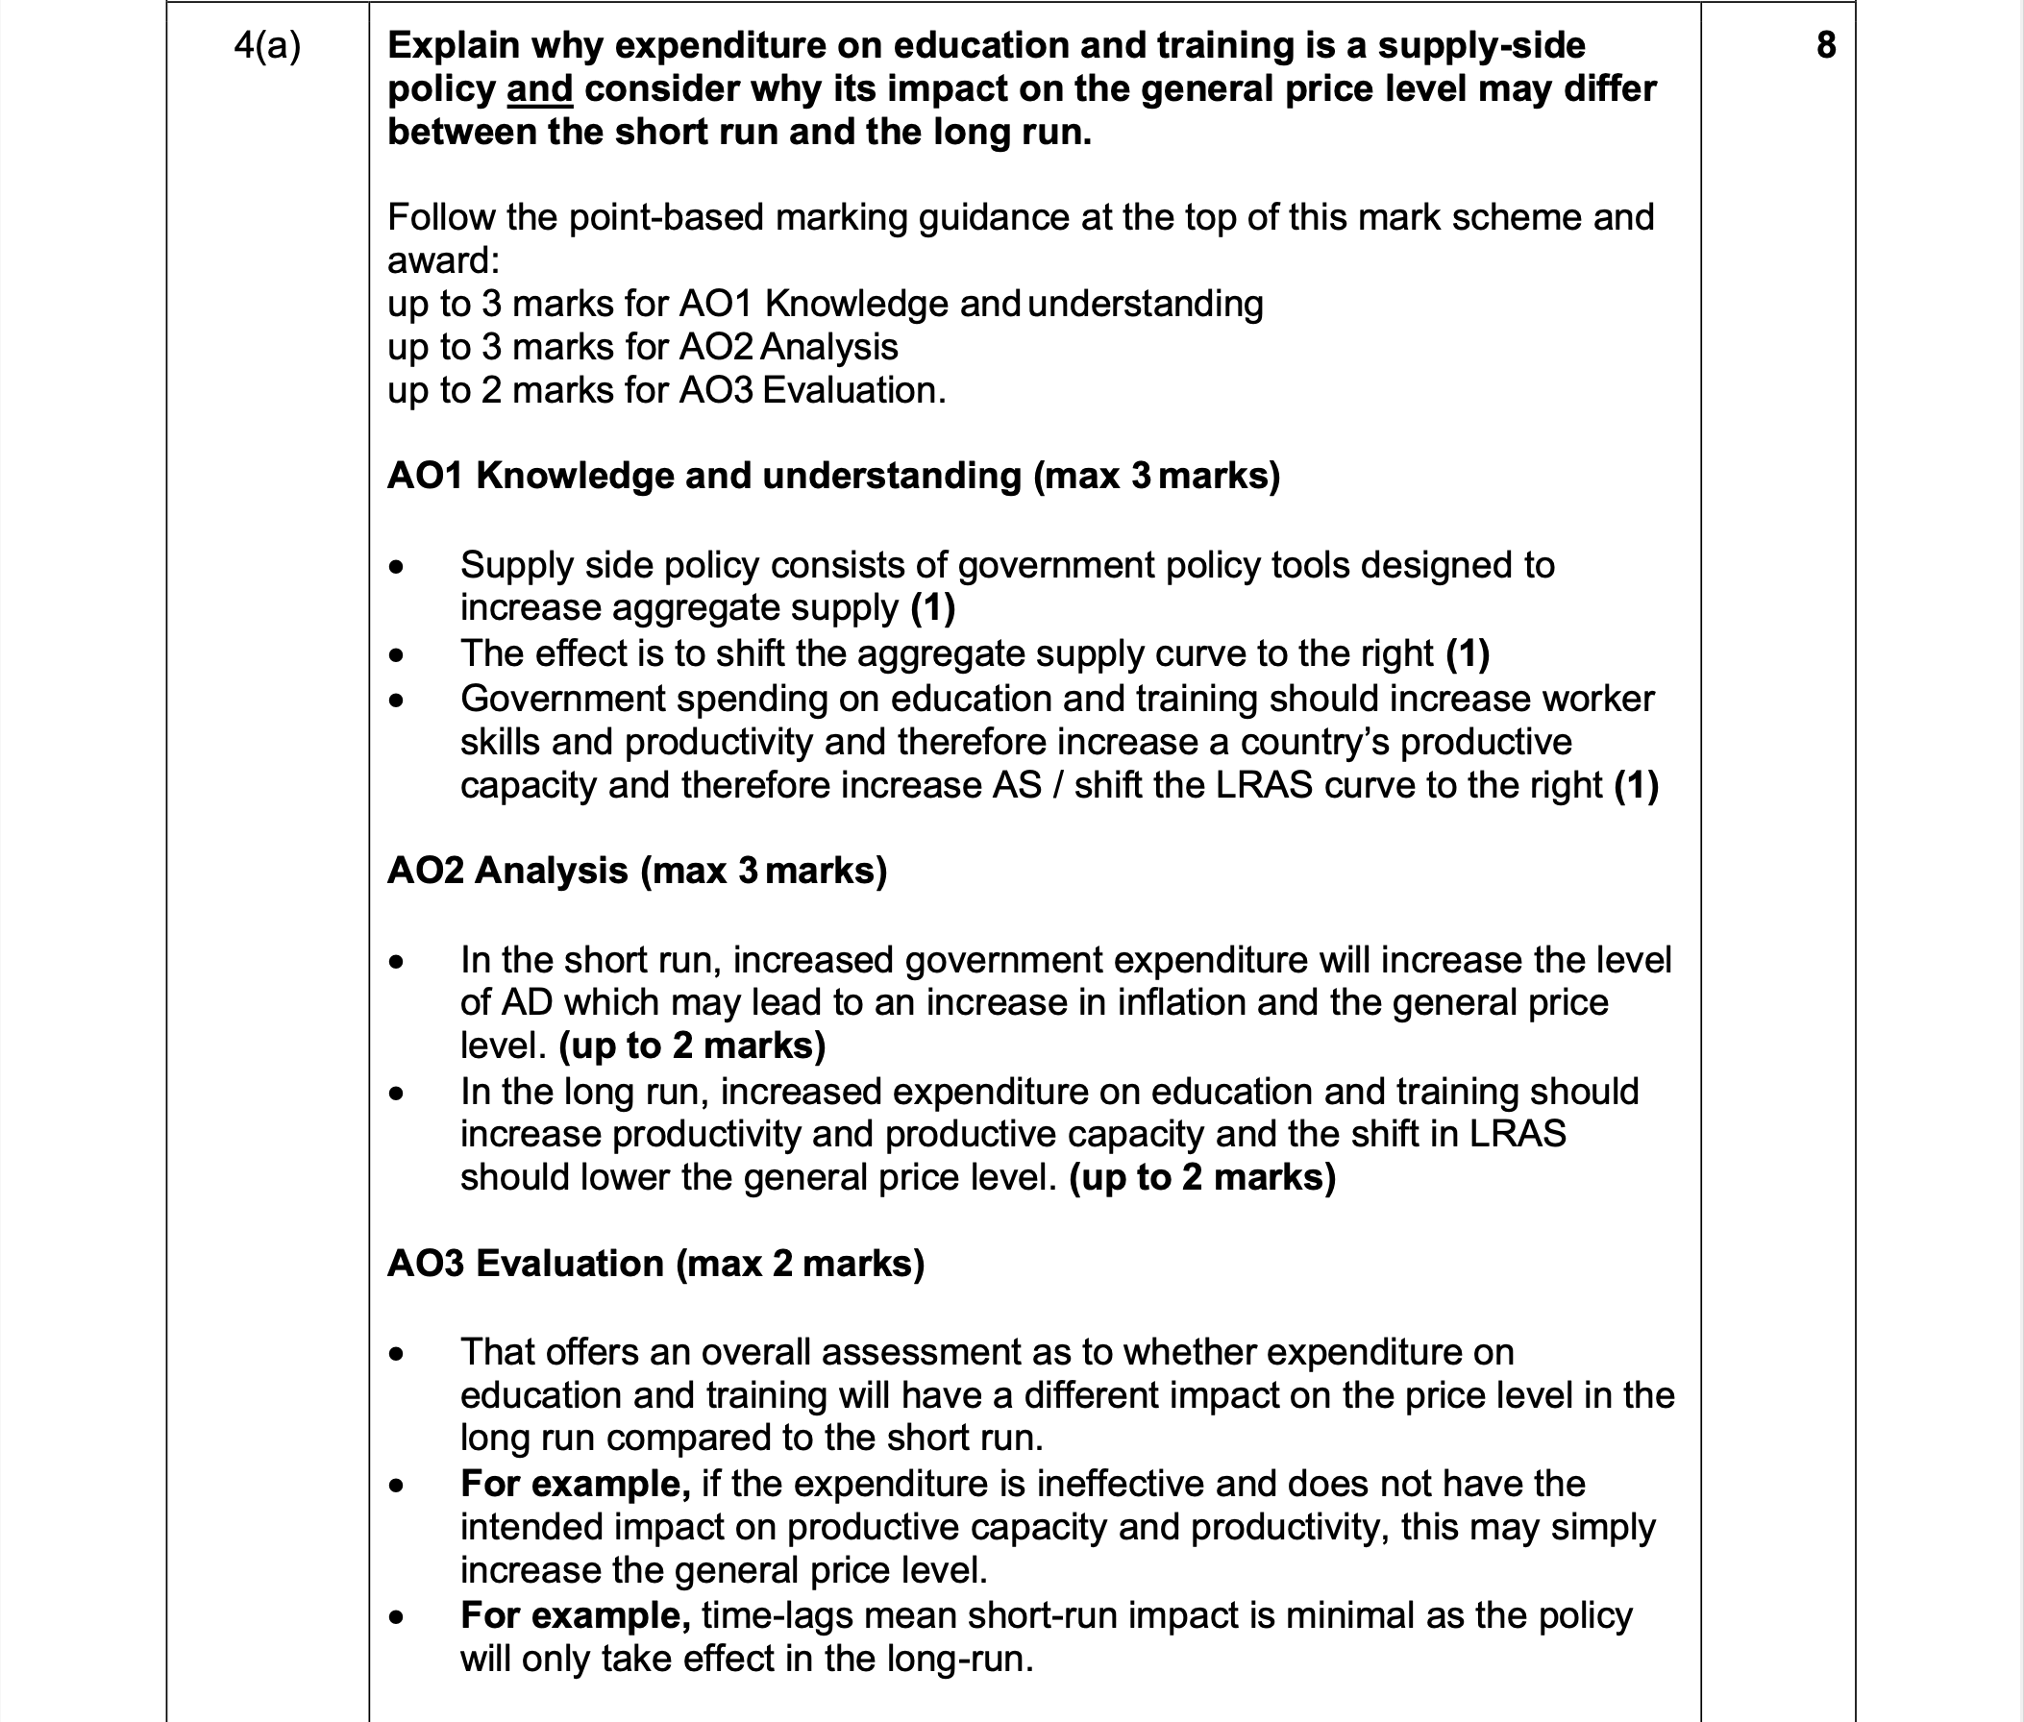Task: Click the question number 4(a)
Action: (x=266, y=46)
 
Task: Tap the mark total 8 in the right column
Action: (x=1826, y=45)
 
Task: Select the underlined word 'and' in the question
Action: (x=539, y=88)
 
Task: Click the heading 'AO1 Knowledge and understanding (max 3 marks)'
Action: (x=833, y=476)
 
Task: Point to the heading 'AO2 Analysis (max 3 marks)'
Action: (x=636, y=870)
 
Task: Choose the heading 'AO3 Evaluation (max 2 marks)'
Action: (x=655, y=1264)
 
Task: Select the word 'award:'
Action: (x=443, y=260)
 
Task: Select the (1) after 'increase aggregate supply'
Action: (x=932, y=608)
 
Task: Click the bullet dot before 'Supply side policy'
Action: (x=395, y=566)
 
